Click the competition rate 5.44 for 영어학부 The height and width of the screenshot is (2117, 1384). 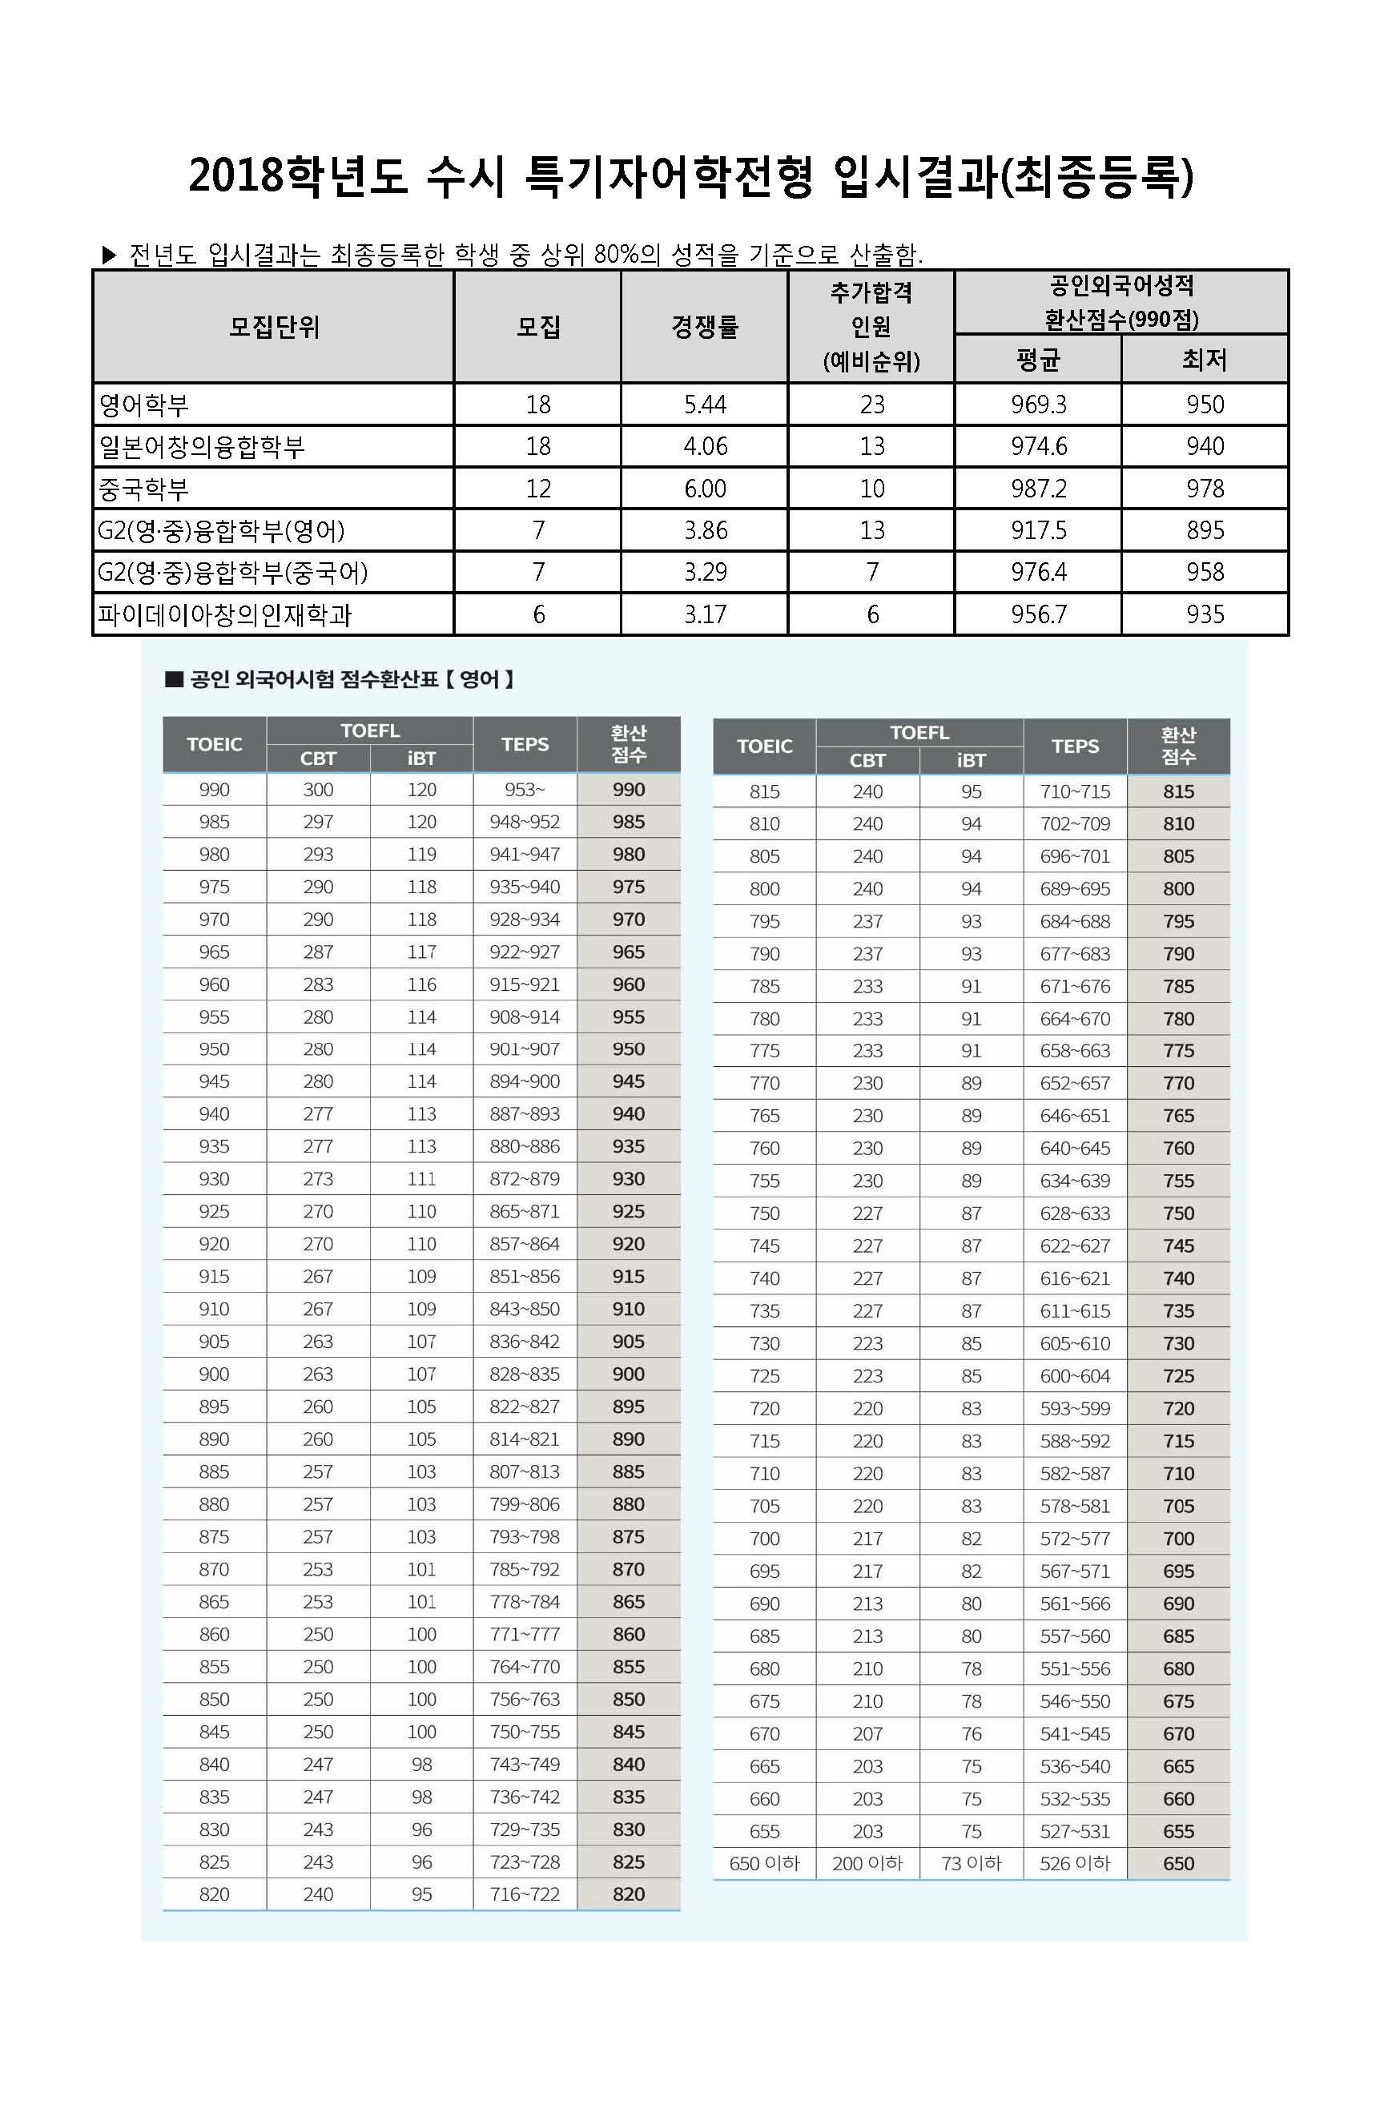(x=705, y=404)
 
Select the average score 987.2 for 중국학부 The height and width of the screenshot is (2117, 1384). (x=1038, y=489)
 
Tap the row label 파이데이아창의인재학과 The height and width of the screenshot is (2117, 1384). (x=225, y=614)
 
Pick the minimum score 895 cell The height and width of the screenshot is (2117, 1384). (x=1205, y=530)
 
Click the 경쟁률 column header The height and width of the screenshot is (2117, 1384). (x=705, y=327)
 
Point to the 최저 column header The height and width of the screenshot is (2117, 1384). (x=1205, y=360)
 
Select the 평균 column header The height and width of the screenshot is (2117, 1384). (x=1038, y=360)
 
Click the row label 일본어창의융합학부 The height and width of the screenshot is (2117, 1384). (x=202, y=446)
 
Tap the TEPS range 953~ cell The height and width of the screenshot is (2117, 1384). (x=524, y=790)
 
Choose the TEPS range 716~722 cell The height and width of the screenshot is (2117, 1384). (x=524, y=1894)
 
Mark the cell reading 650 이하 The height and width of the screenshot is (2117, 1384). (x=764, y=1864)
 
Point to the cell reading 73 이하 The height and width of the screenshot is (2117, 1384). (x=971, y=1864)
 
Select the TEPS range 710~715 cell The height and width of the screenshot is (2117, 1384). (x=1075, y=791)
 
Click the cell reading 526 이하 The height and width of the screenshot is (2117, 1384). (x=1075, y=1864)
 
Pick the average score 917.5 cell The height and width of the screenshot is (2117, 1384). (x=1038, y=530)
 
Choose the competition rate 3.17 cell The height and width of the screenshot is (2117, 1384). (x=705, y=614)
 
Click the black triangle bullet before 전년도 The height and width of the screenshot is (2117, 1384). (x=110, y=256)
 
